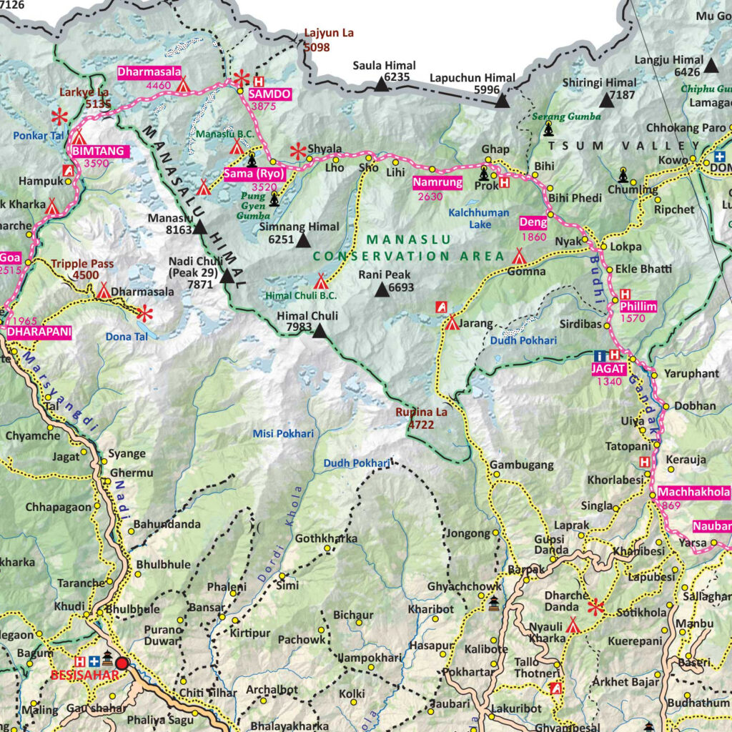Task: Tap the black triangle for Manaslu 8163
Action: (199, 228)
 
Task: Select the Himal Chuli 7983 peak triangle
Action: (319, 331)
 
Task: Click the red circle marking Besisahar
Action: (122, 663)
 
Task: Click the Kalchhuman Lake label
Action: (479, 218)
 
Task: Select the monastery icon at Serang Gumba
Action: (548, 129)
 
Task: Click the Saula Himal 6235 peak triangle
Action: (382, 86)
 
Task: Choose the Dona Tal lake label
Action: (126, 337)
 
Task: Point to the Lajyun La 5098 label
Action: (328, 40)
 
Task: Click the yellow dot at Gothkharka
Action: (328, 549)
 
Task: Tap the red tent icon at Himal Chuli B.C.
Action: (320, 282)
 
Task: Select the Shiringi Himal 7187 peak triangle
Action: (606, 100)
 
